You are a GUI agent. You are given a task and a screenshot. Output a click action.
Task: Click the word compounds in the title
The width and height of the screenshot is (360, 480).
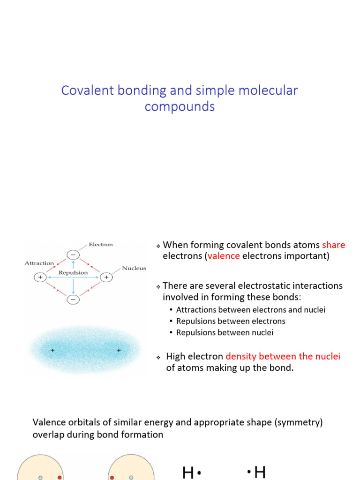(180, 107)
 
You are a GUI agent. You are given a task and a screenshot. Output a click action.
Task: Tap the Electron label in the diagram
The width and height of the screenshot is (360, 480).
(101, 244)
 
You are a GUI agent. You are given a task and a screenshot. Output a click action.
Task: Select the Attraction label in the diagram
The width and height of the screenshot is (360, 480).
(39, 263)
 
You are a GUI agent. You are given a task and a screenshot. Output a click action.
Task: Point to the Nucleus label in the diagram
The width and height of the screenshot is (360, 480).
(134, 269)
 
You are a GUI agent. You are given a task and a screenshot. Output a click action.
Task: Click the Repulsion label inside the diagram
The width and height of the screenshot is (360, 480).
(73, 272)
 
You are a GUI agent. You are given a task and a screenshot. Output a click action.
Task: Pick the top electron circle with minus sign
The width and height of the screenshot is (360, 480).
(73, 255)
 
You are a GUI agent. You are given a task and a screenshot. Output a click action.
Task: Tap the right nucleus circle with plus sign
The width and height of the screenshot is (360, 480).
(106, 277)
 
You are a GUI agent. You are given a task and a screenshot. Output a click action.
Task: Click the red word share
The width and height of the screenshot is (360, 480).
(333, 245)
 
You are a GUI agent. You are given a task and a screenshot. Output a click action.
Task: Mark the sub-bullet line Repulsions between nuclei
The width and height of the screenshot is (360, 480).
(225, 332)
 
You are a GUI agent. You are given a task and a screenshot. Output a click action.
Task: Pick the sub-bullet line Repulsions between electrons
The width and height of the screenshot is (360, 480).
(231, 321)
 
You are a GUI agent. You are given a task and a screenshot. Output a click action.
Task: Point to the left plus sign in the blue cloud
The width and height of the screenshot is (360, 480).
(52, 350)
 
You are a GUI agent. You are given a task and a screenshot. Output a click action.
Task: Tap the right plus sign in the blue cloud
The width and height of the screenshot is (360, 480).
(119, 350)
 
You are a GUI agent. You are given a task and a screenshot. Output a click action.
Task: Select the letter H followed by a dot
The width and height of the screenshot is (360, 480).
(188, 473)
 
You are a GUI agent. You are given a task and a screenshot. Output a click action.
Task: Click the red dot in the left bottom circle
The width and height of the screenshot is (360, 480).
(60, 477)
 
